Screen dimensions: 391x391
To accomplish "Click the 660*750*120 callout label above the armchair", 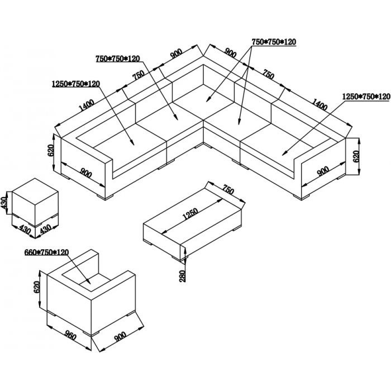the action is [x=46, y=252].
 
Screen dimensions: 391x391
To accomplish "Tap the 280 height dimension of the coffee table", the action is [x=183, y=276].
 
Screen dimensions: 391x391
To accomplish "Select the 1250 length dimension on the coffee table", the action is [x=190, y=214].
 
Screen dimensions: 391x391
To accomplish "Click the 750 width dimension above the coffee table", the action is [x=228, y=189].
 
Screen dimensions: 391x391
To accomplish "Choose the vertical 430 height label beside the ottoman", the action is [x=4, y=203].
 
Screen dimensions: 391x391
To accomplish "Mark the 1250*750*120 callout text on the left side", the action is [x=76, y=84].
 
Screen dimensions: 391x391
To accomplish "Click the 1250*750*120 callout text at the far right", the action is [x=366, y=97].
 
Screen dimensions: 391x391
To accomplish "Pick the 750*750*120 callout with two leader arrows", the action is [x=274, y=42].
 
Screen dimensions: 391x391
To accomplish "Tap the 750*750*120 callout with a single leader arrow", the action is [x=118, y=59].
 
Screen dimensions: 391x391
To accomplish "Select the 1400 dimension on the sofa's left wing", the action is [x=87, y=105].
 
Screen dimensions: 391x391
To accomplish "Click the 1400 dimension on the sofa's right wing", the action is [x=320, y=104].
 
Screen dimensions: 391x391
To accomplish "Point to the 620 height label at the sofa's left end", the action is [x=51, y=150].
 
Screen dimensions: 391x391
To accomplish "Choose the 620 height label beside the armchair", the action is [x=37, y=287].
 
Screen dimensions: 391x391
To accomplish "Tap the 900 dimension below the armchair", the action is [x=120, y=337].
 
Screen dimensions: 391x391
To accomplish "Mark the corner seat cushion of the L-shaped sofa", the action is [x=204, y=102].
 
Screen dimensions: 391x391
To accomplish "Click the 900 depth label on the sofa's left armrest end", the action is [x=86, y=173].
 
